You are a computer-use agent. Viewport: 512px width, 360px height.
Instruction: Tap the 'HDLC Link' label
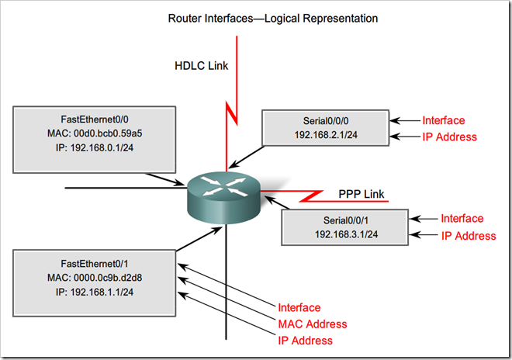click(x=200, y=66)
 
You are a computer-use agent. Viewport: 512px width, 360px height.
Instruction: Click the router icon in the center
click(x=224, y=193)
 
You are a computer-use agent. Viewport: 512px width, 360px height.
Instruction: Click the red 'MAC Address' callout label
click(x=312, y=324)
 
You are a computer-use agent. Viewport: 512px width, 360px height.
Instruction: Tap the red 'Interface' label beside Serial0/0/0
click(x=443, y=120)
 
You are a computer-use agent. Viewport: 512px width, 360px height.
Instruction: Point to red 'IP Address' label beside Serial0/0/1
click(x=468, y=236)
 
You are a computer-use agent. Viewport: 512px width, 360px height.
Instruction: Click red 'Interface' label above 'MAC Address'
click(x=299, y=308)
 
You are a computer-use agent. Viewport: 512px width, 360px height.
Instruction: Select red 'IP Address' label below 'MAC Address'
click(x=305, y=341)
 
